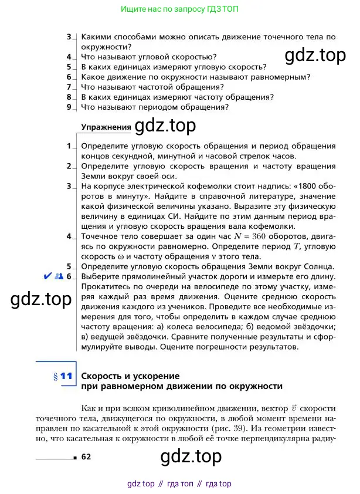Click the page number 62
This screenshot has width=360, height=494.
(86, 456)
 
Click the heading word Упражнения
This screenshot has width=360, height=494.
(106, 126)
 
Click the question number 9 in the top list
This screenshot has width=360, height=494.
(69, 107)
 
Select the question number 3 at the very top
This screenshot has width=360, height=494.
(69, 37)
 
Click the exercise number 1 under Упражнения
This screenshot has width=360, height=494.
(69, 146)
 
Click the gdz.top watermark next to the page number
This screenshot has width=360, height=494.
(191, 456)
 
